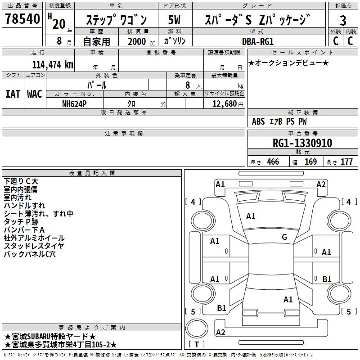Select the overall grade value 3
click(343, 20)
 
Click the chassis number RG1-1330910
click(302, 143)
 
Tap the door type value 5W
click(174, 20)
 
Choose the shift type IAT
click(13, 94)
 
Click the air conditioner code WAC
click(35, 94)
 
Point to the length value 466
click(273, 162)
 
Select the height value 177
click(346, 162)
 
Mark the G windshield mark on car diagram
click(284, 237)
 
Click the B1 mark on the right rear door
click(327, 279)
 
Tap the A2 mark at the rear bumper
click(220, 332)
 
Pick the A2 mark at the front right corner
click(321, 184)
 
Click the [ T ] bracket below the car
click(196, 345)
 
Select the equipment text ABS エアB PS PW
click(279, 121)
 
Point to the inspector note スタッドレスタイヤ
click(34, 246)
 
